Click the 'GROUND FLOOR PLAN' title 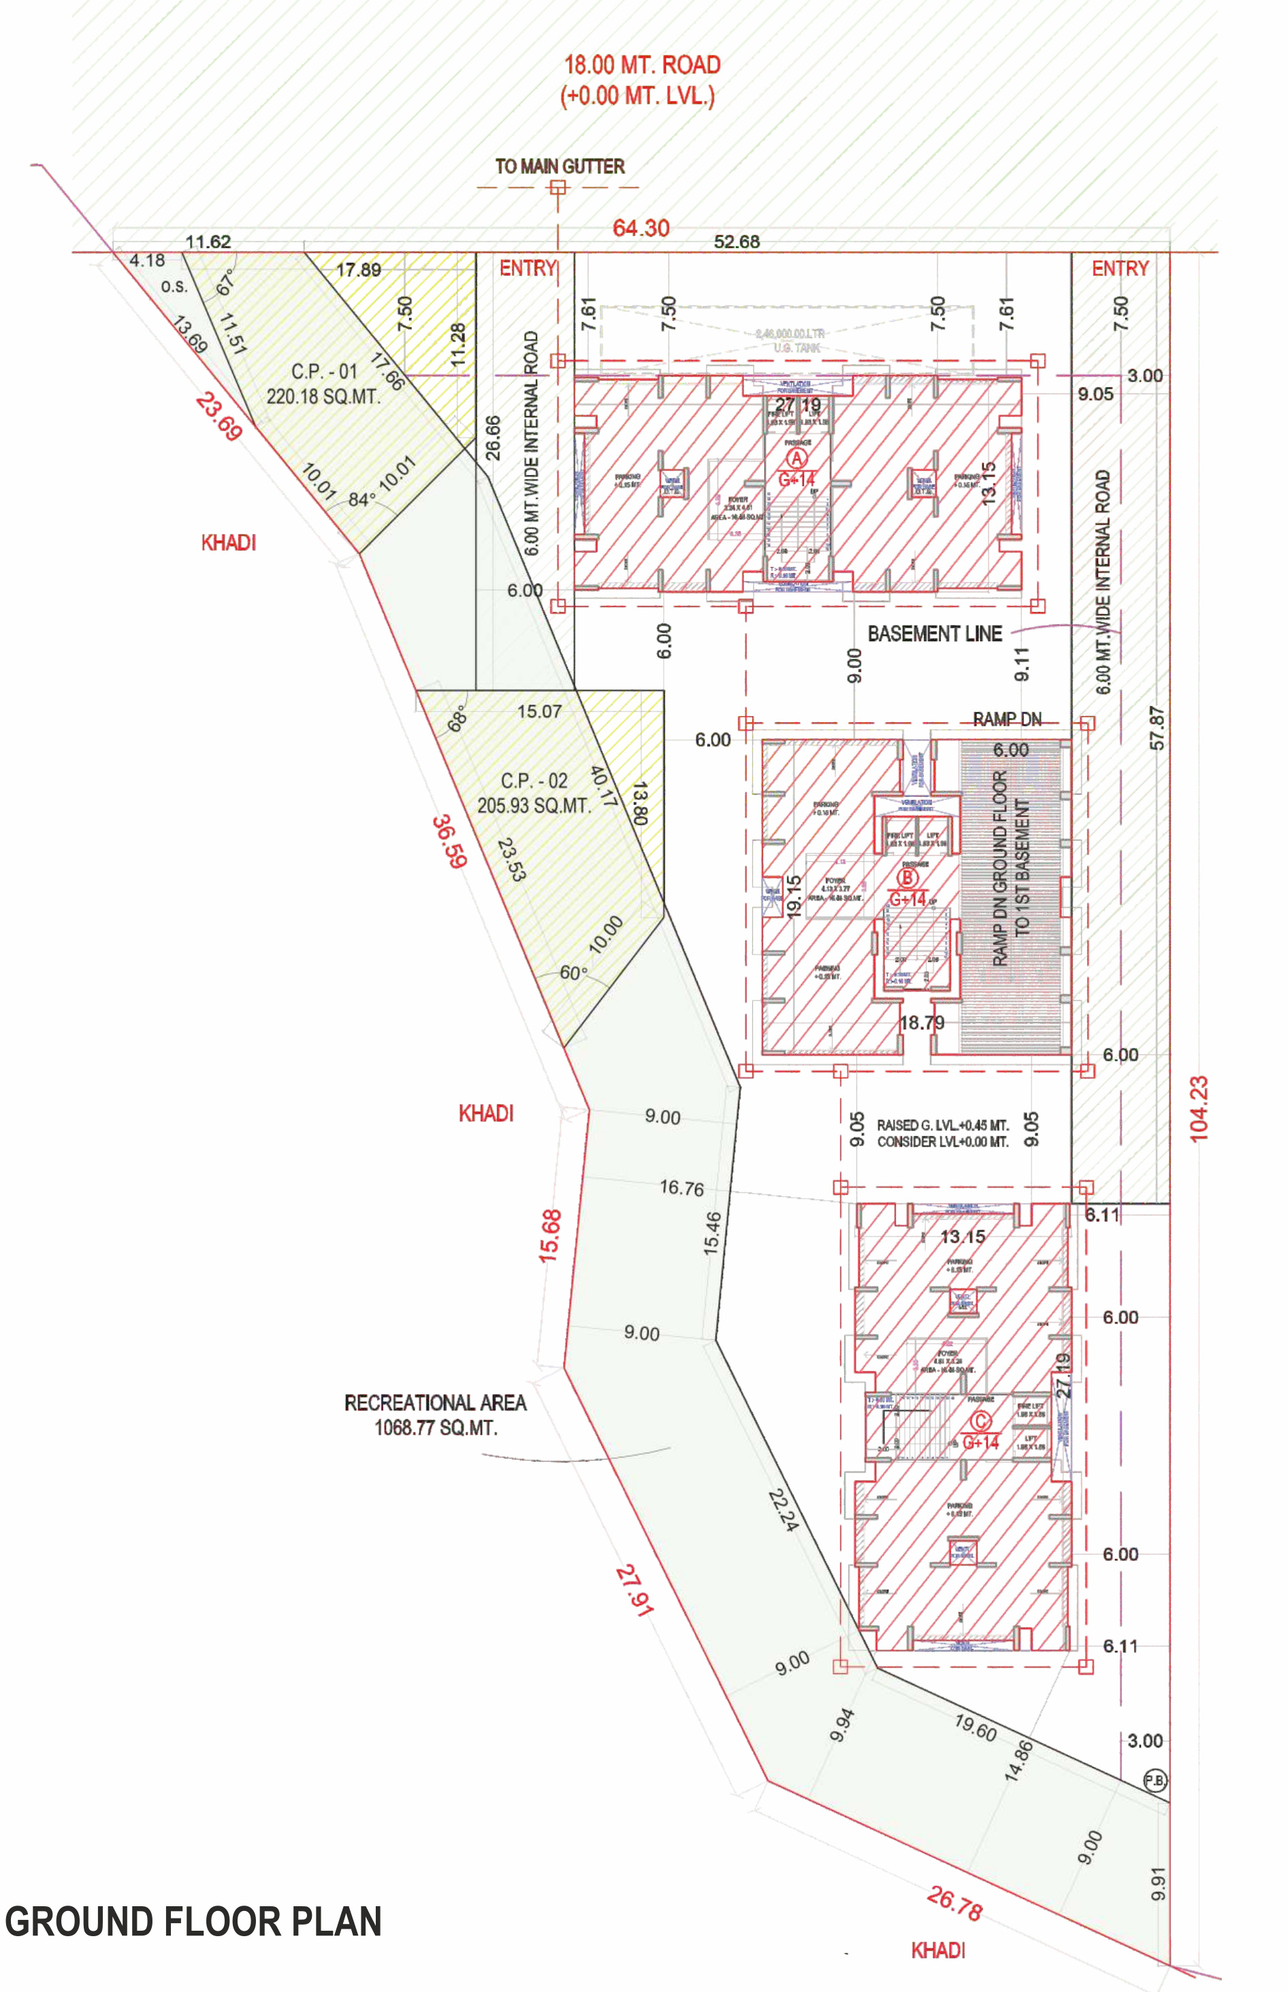[x=193, y=1922]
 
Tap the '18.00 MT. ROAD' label [x=641, y=65]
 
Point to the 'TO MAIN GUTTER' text [x=560, y=166]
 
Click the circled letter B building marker [x=907, y=878]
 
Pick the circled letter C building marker [x=980, y=1421]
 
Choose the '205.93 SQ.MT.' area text [x=534, y=805]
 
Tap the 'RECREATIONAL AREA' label [x=435, y=1402]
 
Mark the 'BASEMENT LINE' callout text [x=934, y=634]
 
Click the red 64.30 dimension [x=641, y=228]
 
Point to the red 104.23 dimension [x=1199, y=1109]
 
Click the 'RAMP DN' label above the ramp [x=1007, y=719]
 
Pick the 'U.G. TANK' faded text [x=796, y=348]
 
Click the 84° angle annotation [x=362, y=499]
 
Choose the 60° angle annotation [x=573, y=973]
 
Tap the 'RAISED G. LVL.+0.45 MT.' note [x=943, y=1125]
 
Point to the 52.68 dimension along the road [x=736, y=242]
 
